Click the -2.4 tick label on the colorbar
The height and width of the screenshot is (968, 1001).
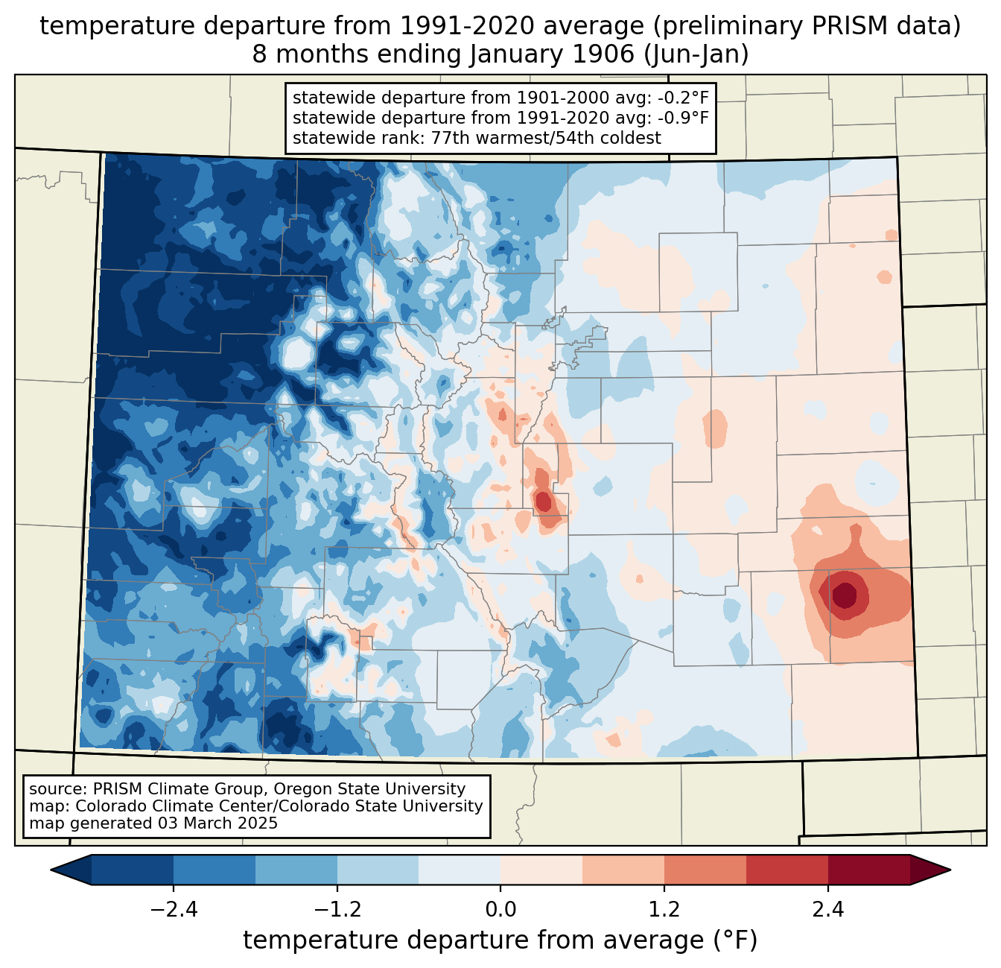pyautogui.click(x=174, y=910)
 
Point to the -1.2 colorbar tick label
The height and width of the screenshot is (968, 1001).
pyautogui.click(x=337, y=910)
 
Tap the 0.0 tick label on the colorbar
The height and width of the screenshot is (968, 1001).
pyautogui.click(x=500, y=910)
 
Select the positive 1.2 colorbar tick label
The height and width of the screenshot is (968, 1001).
pyautogui.click(x=664, y=910)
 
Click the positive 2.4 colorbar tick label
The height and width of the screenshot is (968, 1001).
pyautogui.click(x=827, y=910)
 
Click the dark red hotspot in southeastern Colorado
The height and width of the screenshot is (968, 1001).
pyautogui.click(x=845, y=595)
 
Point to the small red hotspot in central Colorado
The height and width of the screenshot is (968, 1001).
pyautogui.click(x=544, y=501)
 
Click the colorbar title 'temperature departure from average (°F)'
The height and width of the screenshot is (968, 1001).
pyautogui.click(x=500, y=940)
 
